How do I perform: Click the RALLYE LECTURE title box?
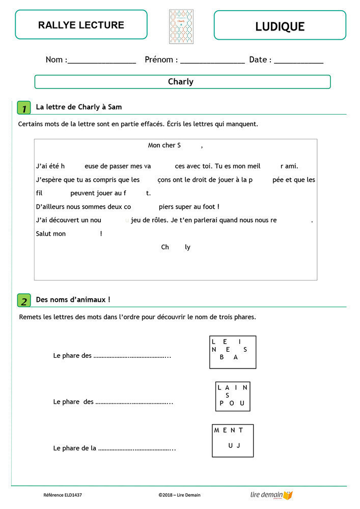[x=81, y=25]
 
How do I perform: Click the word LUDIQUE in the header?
[x=280, y=26]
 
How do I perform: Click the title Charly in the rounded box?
[x=181, y=81]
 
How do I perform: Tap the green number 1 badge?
[x=24, y=108]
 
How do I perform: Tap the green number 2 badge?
[x=24, y=301]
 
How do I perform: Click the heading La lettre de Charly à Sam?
[x=79, y=107]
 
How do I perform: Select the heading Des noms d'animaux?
[x=73, y=300]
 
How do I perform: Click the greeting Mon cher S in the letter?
[x=164, y=146]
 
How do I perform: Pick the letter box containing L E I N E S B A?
[x=233, y=352]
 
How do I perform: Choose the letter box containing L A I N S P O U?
[x=233, y=396]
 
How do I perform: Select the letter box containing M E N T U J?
[x=233, y=440]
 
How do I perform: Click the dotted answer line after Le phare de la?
[x=136, y=448]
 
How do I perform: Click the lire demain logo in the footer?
[x=271, y=495]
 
